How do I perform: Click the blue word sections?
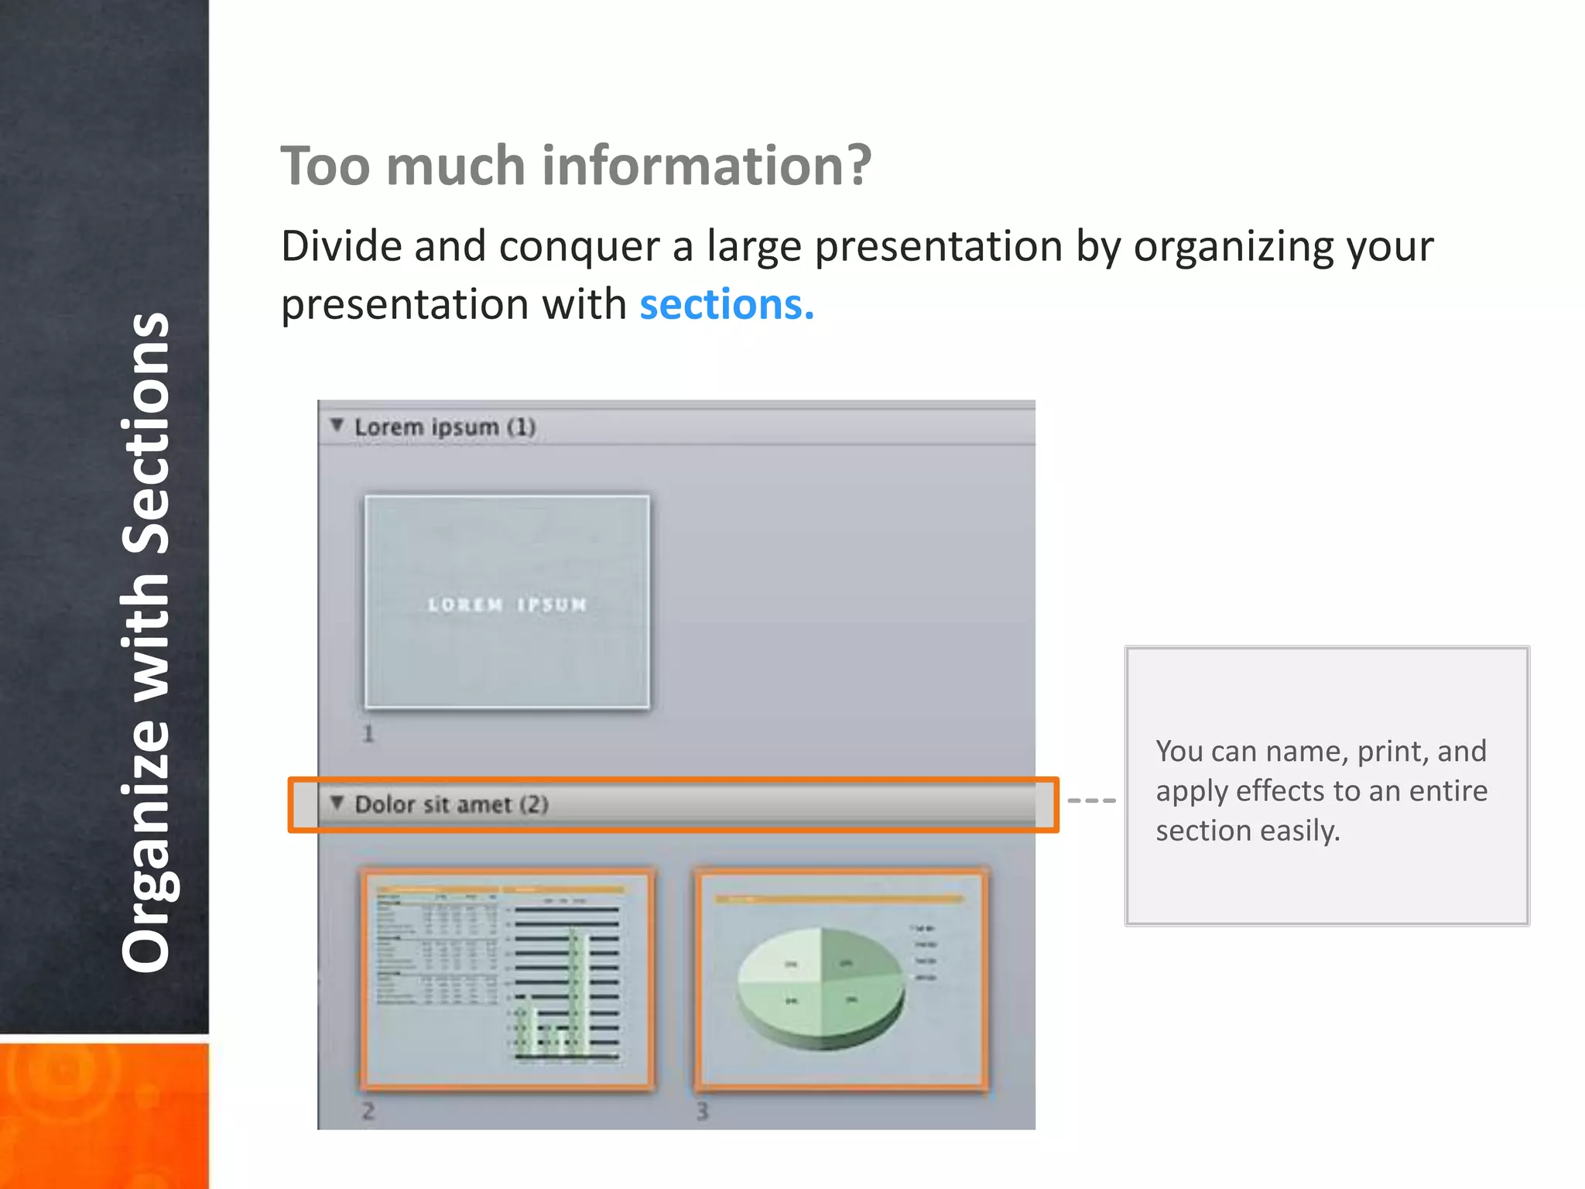point(726,304)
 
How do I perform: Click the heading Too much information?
point(576,166)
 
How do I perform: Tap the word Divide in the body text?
point(341,247)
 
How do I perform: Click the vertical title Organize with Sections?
point(145,642)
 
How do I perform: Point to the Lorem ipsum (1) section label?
point(445,427)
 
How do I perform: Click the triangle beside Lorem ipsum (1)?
point(337,425)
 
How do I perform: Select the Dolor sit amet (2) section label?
point(451,805)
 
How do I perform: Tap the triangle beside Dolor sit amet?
point(337,803)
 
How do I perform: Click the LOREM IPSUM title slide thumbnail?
point(507,602)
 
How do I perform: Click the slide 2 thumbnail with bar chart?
point(507,979)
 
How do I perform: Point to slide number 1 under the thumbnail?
point(368,734)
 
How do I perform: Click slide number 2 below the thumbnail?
point(368,1112)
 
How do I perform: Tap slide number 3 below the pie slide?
point(702,1112)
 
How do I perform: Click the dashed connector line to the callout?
point(1091,800)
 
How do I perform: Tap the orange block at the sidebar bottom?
point(104,1115)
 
